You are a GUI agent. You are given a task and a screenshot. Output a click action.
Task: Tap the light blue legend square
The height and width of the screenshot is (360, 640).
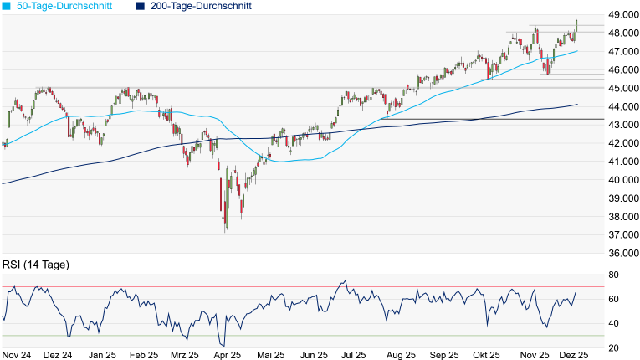[x=7, y=6]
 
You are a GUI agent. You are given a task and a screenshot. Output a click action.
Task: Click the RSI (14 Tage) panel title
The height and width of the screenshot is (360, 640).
[x=35, y=265]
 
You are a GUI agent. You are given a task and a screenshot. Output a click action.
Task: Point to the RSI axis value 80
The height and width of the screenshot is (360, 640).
[x=613, y=275]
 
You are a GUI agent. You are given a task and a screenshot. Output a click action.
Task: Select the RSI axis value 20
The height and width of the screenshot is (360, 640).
[x=613, y=347]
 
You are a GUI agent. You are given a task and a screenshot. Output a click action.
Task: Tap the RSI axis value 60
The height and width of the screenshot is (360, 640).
[x=613, y=299]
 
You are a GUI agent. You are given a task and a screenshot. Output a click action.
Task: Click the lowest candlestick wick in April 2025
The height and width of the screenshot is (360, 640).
[x=223, y=240]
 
